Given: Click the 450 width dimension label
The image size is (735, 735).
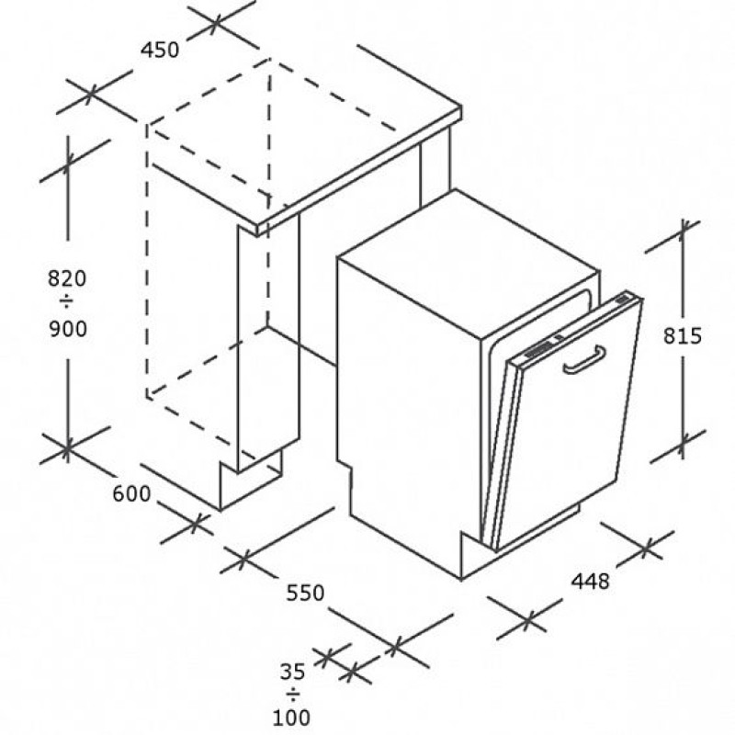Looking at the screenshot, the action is point(160,51).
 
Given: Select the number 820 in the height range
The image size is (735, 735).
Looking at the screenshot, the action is point(67,279).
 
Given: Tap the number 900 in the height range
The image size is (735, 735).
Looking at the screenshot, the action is point(68,329).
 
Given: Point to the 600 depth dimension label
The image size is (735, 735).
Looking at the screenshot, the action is point(131,493).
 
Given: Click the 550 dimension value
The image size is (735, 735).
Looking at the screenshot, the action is point(305,593).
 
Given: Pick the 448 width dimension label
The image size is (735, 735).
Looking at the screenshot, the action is point(590,582).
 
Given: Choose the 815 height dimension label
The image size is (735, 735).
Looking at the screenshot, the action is point(682,335).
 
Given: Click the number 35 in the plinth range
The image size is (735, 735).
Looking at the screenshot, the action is point(292,673).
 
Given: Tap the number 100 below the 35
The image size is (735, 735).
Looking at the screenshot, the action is point(291,718).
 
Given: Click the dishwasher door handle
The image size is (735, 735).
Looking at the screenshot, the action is point(584,360).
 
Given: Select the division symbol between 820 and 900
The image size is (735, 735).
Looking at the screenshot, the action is point(66,302).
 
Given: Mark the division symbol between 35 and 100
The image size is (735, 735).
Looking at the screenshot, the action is point(293,695).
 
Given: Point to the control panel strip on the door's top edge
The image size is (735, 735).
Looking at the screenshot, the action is point(574,328).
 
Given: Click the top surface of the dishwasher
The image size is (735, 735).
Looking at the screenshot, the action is point(469,263).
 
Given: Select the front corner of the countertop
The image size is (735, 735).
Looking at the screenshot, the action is point(257,231).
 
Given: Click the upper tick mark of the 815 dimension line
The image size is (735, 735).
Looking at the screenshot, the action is point(682,232).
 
